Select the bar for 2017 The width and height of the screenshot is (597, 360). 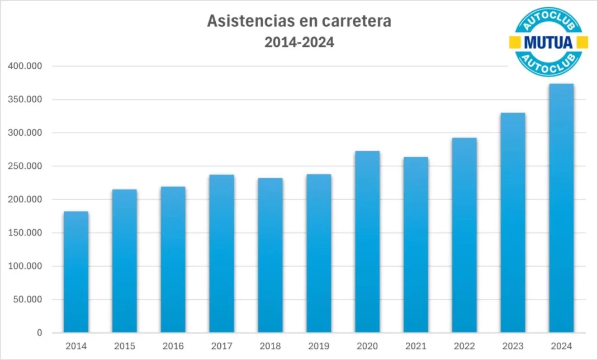tap(222, 254)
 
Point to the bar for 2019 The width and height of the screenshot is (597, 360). tap(319, 254)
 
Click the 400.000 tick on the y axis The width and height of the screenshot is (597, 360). tap(26, 67)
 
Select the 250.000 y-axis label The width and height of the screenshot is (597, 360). tap(26, 166)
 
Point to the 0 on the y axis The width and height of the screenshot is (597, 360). tap(39, 333)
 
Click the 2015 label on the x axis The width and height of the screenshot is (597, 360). tap(125, 347)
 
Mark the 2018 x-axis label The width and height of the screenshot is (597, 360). tap(271, 347)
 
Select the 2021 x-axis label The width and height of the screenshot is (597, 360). tap(416, 347)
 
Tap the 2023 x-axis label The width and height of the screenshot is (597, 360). tap(513, 347)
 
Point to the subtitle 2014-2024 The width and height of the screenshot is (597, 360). tap(299, 42)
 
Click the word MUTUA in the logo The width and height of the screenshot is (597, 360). tap(548, 41)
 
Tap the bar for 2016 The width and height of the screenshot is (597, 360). tap(173, 259)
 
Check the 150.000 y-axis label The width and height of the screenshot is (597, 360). tap(26, 233)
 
